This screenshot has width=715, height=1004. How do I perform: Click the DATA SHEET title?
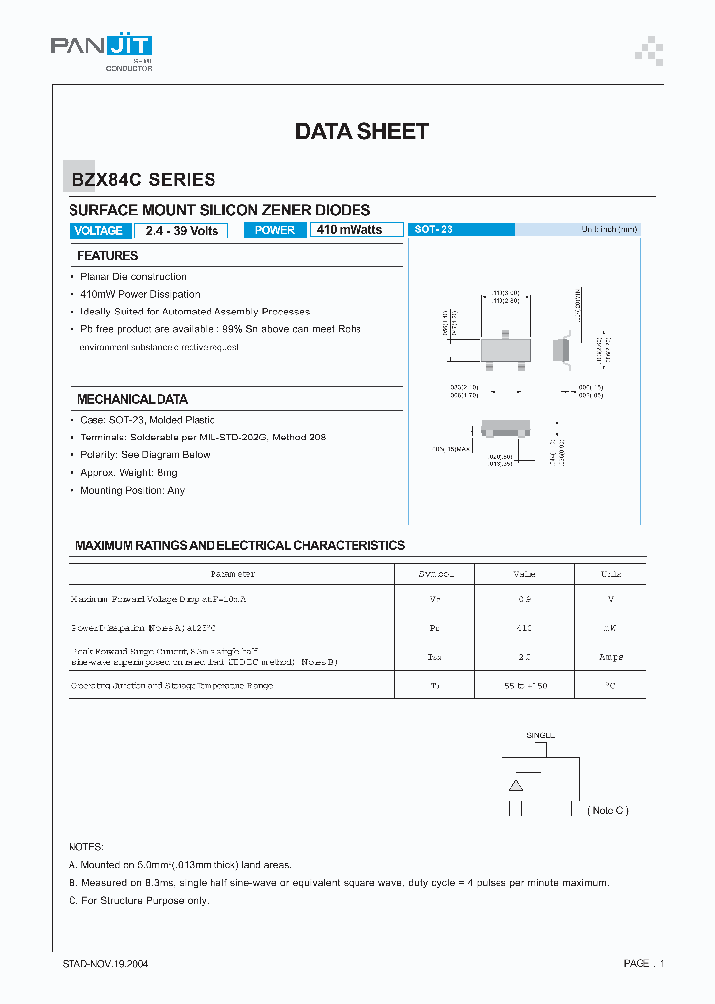click(x=361, y=131)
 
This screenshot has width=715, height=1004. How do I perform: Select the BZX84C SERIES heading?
click(x=143, y=180)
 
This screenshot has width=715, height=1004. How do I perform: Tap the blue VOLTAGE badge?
click(x=99, y=231)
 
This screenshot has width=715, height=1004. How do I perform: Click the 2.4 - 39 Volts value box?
click(x=182, y=231)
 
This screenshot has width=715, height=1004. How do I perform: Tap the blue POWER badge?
click(x=275, y=230)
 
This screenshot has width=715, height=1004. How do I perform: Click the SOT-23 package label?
click(x=434, y=229)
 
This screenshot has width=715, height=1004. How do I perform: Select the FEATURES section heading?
click(x=108, y=256)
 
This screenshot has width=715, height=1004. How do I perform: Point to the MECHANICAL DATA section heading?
click(x=132, y=399)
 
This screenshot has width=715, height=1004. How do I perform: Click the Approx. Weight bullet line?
click(x=128, y=473)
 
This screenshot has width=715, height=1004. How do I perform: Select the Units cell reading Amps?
click(x=611, y=657)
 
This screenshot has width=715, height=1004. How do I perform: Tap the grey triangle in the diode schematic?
click(x=515, y=785)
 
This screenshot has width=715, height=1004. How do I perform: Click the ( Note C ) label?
click(x=608, y=810)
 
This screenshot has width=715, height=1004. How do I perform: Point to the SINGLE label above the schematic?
click(x=541, y=735)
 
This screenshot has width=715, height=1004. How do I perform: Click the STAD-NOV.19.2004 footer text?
click(x=105, y=964)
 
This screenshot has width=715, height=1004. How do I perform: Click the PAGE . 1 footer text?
click(x=643, y=964)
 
